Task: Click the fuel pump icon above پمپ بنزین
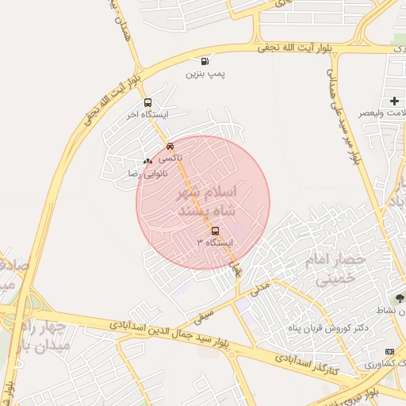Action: coord(206,62)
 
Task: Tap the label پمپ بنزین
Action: coord(206,75)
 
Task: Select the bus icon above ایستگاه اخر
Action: coord(147,102)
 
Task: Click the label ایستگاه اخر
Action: coord(144,114)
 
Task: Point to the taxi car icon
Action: coord(170,146)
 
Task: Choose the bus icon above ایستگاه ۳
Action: coord(216,231)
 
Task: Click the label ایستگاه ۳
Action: coord(216,243)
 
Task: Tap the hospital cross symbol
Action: coord(394,101)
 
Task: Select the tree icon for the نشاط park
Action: coord(400,299)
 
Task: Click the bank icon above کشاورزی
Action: coord(389,351)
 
